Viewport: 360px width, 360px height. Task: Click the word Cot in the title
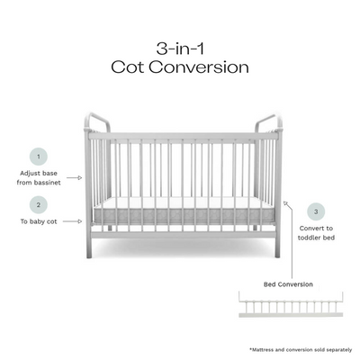128,67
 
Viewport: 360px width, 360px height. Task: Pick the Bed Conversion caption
288,284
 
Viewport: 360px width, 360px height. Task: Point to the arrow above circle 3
286,204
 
